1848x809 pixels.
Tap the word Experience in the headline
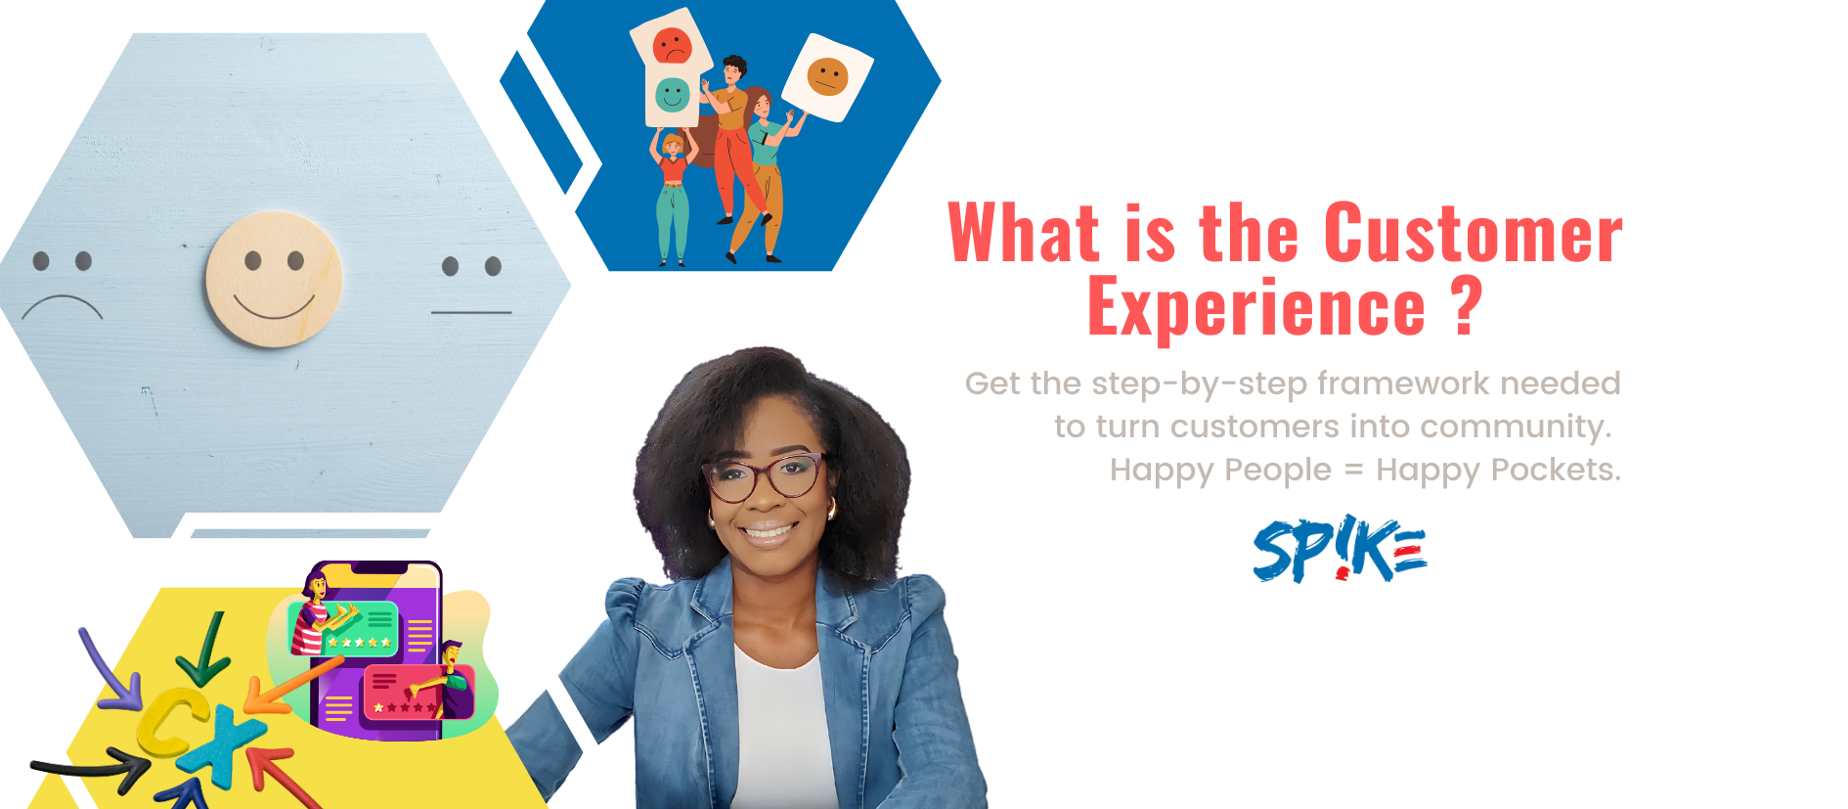coord(1256,307)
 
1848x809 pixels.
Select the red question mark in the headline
coord(1467,305)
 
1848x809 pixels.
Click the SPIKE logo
coord(1340,549)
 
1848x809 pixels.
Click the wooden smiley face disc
coord(274,279)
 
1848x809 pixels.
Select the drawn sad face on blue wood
coord(62,286)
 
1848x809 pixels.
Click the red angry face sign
coord(671,45)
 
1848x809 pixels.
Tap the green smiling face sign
coord(672,95)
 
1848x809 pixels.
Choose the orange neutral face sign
coord(827,76)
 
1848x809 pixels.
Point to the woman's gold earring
coord(832,509)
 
